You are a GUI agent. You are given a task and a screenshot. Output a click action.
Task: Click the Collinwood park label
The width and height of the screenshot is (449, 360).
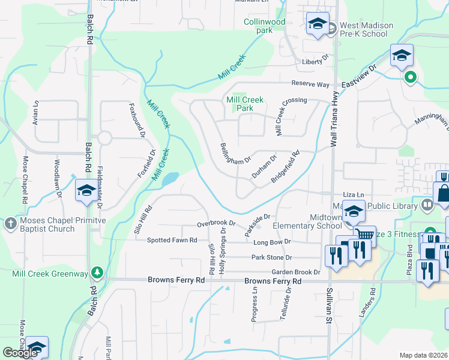pyautogui.click(x=264, y=26)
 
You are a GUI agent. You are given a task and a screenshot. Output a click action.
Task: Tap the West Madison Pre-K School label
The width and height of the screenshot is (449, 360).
pyautogui.click(x=366, y=29)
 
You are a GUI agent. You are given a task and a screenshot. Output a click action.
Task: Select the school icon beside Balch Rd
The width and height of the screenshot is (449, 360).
pyautogui.click(x=85, y=191)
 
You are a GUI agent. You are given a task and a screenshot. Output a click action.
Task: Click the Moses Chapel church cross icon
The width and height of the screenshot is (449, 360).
pyautogui.click(x=10, y=224)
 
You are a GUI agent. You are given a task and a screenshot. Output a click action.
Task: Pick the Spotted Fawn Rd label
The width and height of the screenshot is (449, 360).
pyautogui.click(x=172, y=241)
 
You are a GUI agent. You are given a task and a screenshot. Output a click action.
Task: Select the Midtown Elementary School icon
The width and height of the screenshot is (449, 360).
pyautogui.click(x=354, y=212)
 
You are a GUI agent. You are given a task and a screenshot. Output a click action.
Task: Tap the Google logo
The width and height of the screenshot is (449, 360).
pyautogui.click(x=20, y=353)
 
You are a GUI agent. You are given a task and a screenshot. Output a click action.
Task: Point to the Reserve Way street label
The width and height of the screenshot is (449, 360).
pyautogui.click(x=310, y=84)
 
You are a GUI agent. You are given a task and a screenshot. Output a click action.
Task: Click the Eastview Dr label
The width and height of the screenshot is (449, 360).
pyautogui.click(x=358, y=75)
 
